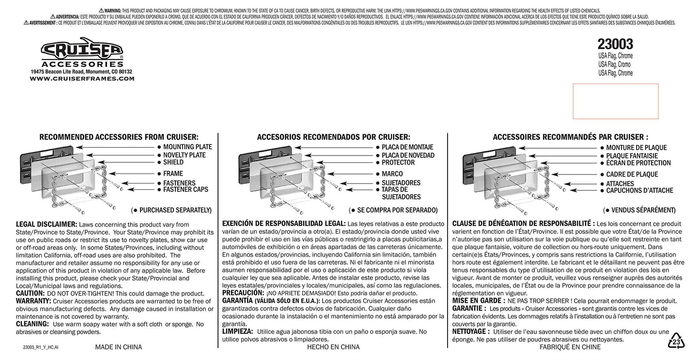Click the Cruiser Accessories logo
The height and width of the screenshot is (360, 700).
(x=82, y=52)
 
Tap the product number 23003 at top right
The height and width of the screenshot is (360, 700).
(x=615, y=44)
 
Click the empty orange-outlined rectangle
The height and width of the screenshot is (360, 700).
(x=616, y=101)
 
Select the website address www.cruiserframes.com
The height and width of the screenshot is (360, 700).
(x=82, y=79)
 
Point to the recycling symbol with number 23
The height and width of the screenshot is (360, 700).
(x=676, y=341)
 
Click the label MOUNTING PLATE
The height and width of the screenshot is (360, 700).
(x=187, y=147)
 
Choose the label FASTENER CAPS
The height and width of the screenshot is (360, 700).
(x=186, y=189)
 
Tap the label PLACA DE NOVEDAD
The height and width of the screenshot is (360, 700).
(x=408, y=156)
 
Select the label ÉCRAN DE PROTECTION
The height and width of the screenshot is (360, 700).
(x=638, y=163)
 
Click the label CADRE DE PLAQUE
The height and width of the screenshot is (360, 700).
(x=632, y=174)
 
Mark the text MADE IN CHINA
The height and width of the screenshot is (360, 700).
(x=118, y=347)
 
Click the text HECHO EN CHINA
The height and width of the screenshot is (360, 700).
(x=333, y=347)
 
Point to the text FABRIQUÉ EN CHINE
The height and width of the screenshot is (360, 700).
(x=570, y=347)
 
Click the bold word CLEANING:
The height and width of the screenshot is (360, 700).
(x=32, y=324)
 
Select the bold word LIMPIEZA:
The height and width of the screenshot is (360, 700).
(x=237, y=331)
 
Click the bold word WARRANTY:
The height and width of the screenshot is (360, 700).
(x=33, y=301)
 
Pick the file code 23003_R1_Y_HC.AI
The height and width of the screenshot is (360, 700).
(x=41, y=347)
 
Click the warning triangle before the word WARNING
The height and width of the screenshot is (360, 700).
(x=101, y=11)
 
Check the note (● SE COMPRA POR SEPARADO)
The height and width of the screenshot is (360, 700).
(x=393, y=210)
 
